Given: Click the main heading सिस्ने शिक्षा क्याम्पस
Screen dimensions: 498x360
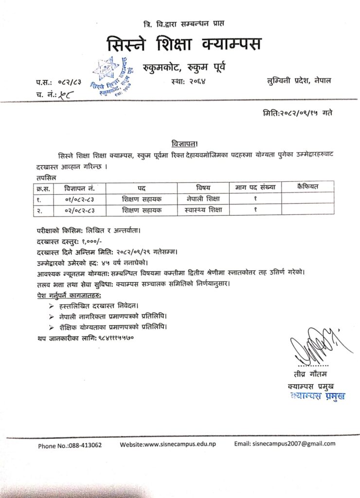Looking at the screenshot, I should [184, 44].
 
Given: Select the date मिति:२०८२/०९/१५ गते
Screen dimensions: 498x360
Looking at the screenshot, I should [297, 113].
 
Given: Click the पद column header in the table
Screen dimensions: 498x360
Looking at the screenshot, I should [142, 187].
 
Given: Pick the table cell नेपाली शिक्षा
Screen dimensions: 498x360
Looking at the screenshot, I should [203, 198].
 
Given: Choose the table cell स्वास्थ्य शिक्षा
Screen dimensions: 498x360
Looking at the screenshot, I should [203, 210].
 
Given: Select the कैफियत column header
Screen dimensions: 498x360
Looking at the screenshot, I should [307, 186].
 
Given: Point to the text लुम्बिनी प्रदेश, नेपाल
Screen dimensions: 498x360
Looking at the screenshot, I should [299, 80].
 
